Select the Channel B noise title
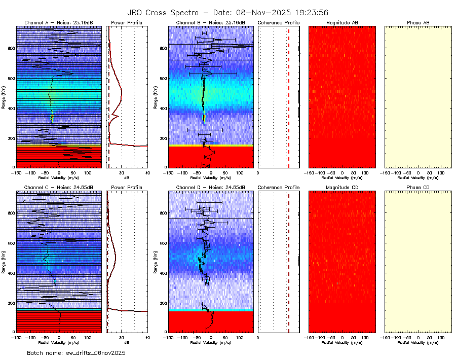coord(210,23)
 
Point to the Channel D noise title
coord(210,188)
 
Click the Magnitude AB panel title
coord(342,23)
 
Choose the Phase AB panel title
coord(418,23)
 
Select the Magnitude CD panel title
coord(342,188)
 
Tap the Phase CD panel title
coord(418,188)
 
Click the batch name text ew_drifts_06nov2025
coord(76,352)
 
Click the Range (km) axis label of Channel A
coord(4,97)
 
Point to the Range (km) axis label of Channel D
coord(156,261)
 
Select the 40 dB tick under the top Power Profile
coord(147,172)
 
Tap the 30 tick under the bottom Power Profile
coord(122,337)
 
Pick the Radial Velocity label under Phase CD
coord(418,342)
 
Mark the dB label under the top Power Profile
coord(127,177)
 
